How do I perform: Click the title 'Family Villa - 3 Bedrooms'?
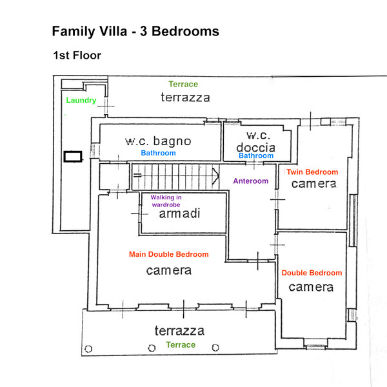135,31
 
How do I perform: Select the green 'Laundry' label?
81,100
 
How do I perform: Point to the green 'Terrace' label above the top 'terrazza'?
183,84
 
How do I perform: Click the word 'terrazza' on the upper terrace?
185,97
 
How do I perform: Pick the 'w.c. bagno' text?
158,141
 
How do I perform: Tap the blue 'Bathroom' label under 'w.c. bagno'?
158,153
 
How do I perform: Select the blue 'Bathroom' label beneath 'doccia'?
257,155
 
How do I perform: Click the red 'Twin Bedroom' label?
312,172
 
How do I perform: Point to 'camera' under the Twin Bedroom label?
313,184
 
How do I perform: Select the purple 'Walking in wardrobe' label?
166,201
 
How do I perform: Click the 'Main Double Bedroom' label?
169,254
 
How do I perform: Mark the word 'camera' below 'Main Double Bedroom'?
168,270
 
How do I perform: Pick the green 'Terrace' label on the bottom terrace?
181,345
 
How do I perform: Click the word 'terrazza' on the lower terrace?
179,331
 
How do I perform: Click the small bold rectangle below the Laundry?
73,156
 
